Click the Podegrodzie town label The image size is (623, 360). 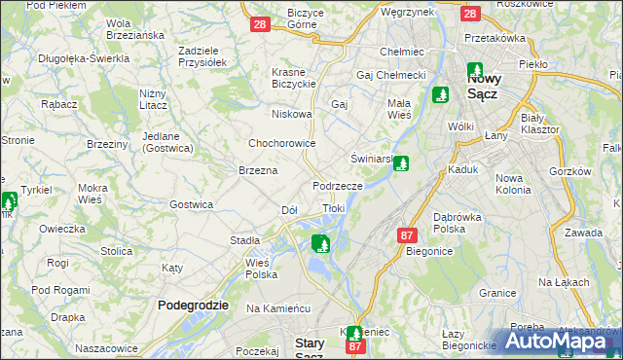(193, 305)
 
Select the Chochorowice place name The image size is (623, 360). (282, 143)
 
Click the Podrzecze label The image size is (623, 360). (338, 185)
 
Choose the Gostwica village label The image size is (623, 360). (191, 204)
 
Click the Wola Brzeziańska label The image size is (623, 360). (133, 28)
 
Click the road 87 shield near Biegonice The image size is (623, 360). (408, 234)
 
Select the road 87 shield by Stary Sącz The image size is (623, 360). (355, 345)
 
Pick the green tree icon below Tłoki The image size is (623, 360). (320, 243)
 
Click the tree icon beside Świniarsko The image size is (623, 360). (401, 164)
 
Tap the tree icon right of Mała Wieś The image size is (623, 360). (440, 94)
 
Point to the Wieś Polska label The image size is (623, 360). (262, 269)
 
